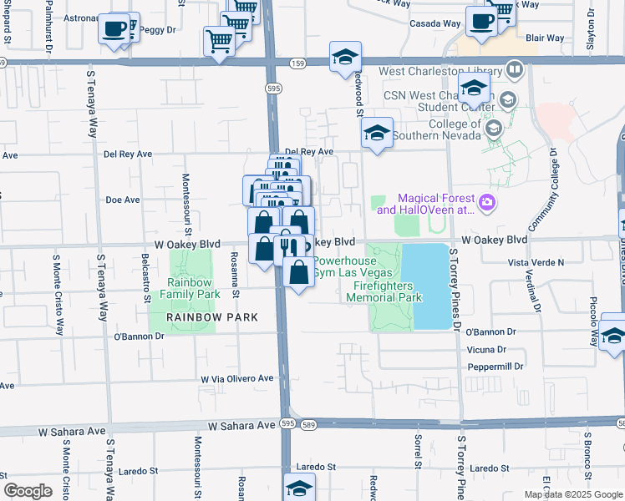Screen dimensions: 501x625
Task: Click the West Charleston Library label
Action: coord(440,72)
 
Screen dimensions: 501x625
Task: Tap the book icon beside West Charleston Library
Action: coord(516,71)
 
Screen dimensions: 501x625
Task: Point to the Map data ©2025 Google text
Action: coord(573,494)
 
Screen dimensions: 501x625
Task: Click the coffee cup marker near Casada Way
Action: coord(480,21)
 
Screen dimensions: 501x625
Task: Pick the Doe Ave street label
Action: coord(122,200)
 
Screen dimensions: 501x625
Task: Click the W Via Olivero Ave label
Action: coord(237,378)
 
